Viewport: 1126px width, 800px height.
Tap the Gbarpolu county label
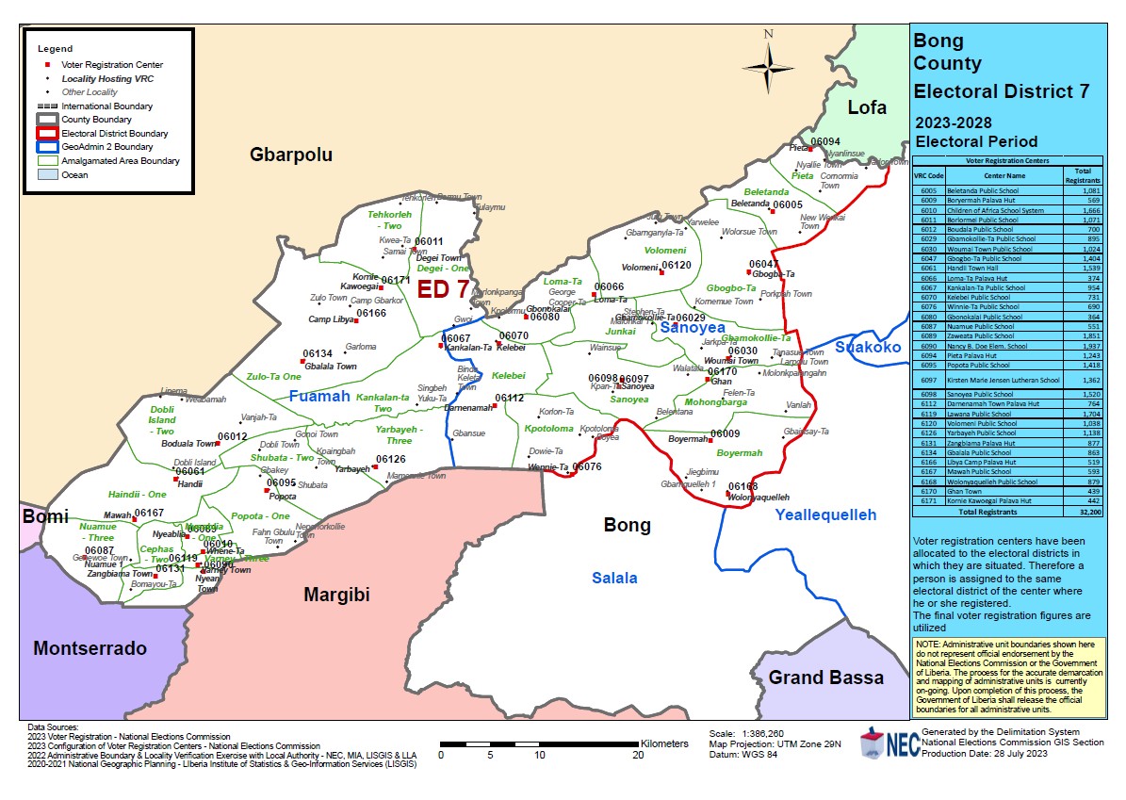click(x=290, y=155)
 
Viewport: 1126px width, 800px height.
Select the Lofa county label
click(x=866, y=107)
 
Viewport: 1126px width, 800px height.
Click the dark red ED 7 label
click(x=443, y=289)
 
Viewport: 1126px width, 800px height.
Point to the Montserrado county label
click(x=90, y=648)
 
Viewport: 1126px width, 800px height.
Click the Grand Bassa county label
click(x=825, y=678)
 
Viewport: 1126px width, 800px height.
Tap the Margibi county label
click(x=336, y=595)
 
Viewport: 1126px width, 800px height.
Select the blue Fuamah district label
click(x=319, y=396)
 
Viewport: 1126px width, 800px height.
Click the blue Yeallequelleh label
click(x=825, y=514)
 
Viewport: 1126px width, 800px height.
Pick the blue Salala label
click(x=614, y=578)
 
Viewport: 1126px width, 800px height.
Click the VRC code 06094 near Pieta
click(x=825, y=141)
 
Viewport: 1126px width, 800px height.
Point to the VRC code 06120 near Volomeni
click(x=677, y=266)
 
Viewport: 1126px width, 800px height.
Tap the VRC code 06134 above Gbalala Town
click(x=318, y=354)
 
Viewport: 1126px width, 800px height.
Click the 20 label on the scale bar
click(x=638, y=756)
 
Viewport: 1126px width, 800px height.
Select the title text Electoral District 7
click(x=1002, y=91)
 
